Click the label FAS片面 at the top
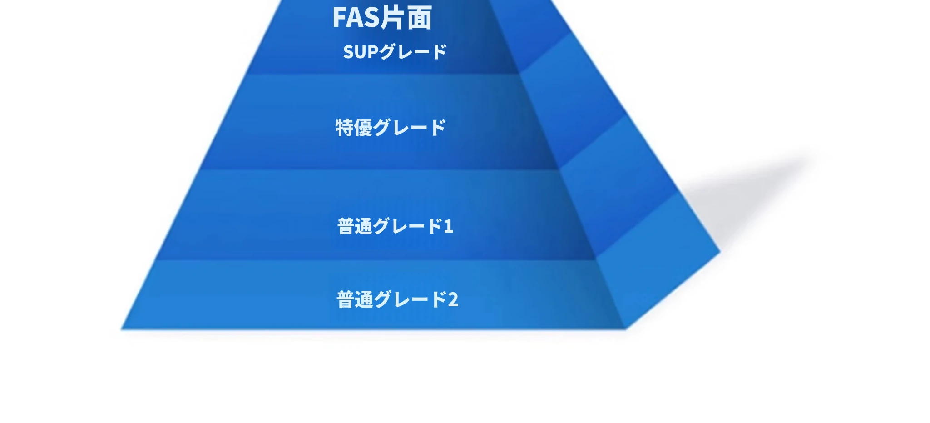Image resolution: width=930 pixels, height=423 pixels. pyautogui.click(x=382, y=18)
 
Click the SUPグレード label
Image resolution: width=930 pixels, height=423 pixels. pyautogui.click(x=395, y=52)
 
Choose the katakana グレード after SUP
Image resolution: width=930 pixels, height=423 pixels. pyautogui.click(x=413, y=52)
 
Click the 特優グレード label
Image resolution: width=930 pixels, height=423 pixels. pyautogui.click(x=391, y=128)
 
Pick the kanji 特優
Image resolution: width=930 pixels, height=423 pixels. pyautogui.click(x=354, y=128)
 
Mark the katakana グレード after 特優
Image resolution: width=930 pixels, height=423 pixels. pyautogui.click(x=410, y=128)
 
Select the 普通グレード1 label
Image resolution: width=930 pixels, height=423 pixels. pyautogui.click(x=395, y=226)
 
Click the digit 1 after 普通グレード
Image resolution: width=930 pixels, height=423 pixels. pyautogui.click(x=448, y=226)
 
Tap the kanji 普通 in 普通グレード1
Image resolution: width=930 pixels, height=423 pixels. pyautogui.click(x=355, y=226)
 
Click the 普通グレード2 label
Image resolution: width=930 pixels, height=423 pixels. pyautogui.click(x=397, y=299)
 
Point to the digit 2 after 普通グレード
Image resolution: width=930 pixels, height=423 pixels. pyautogui.click(x=453, y=300)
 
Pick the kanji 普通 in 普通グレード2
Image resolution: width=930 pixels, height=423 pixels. pyautogui.click(x=355, y=299)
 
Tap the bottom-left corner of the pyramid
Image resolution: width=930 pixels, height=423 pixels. pyautogui.click(x=121, y=329)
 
